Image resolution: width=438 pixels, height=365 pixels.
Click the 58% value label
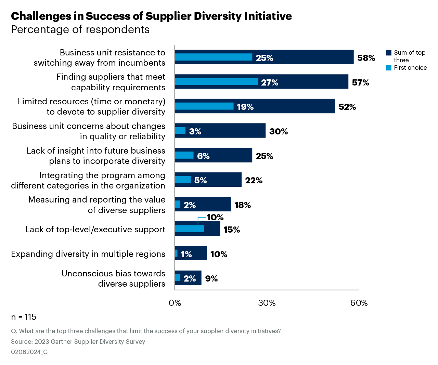[366, 58]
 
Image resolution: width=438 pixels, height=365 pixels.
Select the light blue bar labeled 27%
[216, 81]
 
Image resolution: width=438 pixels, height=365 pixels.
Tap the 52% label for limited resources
[347, 107]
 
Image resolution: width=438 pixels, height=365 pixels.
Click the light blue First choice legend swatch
[388, 68]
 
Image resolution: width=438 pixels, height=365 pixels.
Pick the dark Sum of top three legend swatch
[388, 53]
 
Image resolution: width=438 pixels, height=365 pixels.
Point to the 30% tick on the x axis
[267, 303]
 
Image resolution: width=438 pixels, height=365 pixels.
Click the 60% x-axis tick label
[359, 303]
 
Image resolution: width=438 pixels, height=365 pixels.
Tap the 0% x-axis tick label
[175, 303]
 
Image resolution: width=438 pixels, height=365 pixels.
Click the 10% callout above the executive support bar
[215, 217]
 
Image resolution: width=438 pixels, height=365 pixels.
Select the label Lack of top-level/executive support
[95, 229]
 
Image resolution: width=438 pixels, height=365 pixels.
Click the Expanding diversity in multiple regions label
[88, 254]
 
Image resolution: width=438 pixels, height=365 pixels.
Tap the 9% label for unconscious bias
[211, 278]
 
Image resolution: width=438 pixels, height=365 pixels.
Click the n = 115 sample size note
[24, 317]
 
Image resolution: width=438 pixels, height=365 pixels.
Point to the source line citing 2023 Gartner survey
[78, 341]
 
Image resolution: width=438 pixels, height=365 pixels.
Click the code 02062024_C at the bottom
[29, 352]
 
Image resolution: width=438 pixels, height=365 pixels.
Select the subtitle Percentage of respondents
[80, 30]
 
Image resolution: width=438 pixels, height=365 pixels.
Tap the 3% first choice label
[195, 131]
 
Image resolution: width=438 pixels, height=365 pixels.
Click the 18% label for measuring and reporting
[243, 205]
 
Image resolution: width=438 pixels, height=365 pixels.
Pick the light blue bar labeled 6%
[184, 155]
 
